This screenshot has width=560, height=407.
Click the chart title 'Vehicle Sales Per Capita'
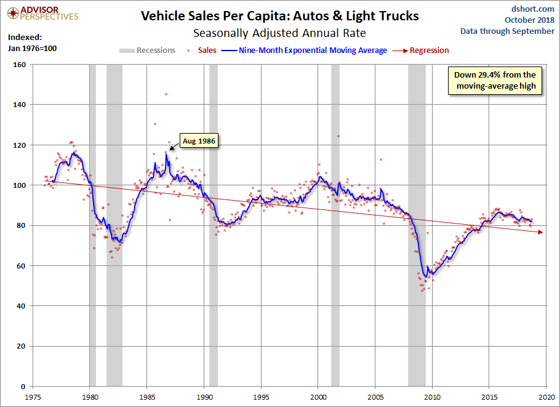click(280, 16)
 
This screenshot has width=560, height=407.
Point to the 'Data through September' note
click(507, 31)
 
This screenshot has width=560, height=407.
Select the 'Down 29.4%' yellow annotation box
click(495, 81)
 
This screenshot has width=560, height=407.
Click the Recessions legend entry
click(148, 50)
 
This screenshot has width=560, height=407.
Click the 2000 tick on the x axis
click(318, 397)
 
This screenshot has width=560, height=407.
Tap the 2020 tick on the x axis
click(546, 397)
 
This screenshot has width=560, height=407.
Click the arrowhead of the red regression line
click(540, 232)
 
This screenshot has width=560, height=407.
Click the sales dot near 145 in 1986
click(166, 94)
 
